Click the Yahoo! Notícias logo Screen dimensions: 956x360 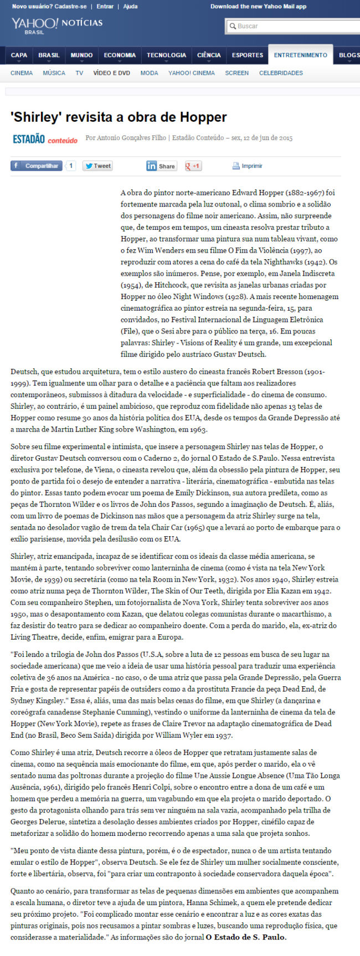(x=56, y=24)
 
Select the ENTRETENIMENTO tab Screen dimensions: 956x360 (x=300, y=55)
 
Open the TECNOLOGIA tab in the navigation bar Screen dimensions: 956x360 (x=166, y=55)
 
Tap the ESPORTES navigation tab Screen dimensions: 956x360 (x=247, y=55)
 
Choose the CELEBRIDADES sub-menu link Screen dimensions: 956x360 (x=281, y=73)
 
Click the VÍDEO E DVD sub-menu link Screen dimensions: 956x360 (x=111, y=73)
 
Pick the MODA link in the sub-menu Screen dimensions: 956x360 (x=149, y=73)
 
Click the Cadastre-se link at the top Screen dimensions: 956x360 (x=72, y=7)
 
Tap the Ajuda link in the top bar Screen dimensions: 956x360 (x=130, y=7)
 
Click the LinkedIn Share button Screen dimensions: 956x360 (x=161, y=166)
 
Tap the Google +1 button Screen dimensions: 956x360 (x=193, y=166)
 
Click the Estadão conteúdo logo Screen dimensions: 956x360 (x=45, y=139)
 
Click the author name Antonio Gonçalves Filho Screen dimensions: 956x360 (x=131, y=138)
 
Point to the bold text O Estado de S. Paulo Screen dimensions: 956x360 (x=246, y=937)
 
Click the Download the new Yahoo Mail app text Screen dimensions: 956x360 (x=258, y=7)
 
